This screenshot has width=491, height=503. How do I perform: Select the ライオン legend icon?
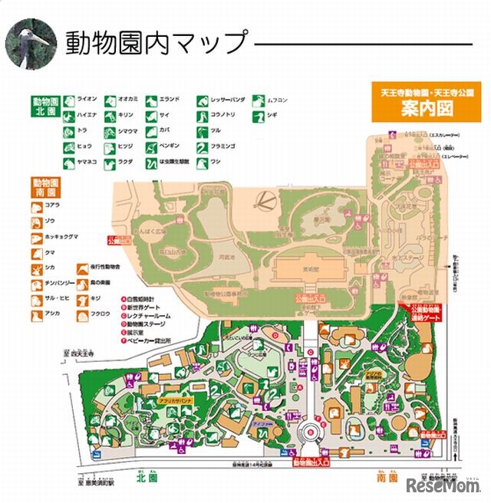pyautogui.click(x=68, y=100)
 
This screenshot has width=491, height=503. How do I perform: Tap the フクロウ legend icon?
pyautogui.click(x=81, y=314)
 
